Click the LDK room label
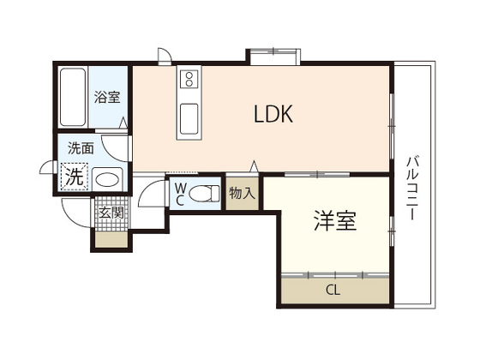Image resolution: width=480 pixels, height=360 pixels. pos(273,115)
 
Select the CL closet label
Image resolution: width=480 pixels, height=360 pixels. pos(333,290)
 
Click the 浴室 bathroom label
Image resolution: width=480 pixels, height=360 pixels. pos(107,98)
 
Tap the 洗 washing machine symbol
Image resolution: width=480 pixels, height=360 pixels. pos(76,177)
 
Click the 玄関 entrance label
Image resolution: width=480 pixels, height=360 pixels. pos(111,212)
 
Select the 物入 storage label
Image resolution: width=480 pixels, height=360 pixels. pos(242,194)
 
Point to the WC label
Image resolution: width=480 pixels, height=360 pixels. pos(181,194)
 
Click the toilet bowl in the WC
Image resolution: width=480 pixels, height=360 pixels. pos(202,194)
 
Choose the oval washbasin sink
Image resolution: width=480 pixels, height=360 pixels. pos(107,180)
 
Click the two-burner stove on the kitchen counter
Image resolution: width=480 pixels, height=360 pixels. pos(189,82)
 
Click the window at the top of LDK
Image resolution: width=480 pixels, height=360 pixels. pos(274,57)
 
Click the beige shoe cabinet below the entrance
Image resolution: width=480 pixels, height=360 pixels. pos(111,239)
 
